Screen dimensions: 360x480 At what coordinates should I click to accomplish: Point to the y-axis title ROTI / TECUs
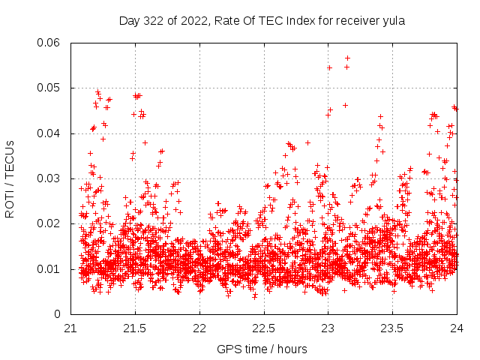[x=10, y=178]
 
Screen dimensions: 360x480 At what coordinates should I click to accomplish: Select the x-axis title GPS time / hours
[x=262, y=349]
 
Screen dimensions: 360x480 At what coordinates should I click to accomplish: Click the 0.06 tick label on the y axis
[x=50, y=43]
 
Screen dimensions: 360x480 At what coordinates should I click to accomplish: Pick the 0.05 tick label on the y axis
[x=50, y=88]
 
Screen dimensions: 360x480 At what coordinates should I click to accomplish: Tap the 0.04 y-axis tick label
[x=50, y=133]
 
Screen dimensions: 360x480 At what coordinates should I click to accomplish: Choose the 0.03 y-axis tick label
[x=50, y=178]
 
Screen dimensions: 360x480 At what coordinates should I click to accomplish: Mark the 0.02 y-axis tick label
[x=50, y=223]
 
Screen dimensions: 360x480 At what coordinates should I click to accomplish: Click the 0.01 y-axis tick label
[x=50, y=268]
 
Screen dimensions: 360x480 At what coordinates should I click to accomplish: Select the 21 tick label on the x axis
[x=70, y=328]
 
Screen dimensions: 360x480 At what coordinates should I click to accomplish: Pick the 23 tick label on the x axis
[x=328, y=328]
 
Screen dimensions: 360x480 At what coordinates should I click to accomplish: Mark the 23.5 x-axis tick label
[x=393, y=328]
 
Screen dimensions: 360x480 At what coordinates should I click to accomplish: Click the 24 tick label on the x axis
[x=457, y=328]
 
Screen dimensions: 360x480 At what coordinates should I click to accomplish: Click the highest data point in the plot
[x=347, y=58]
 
